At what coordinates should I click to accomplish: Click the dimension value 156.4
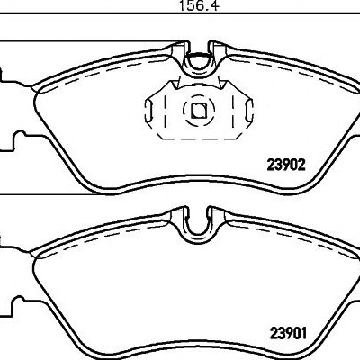coord(199,5)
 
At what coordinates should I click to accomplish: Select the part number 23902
coord(286,165)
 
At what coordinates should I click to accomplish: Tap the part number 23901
coord(288,333)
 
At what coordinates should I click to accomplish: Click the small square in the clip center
coord(198,111)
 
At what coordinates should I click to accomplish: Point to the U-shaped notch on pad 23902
coord(198,65)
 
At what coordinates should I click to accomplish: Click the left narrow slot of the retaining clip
coord(148,111)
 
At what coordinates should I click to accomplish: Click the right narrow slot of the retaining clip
coord(249,111)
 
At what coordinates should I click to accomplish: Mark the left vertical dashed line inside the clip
coord(165,112)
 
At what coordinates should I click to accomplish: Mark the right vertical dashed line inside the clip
coord(233,112)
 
